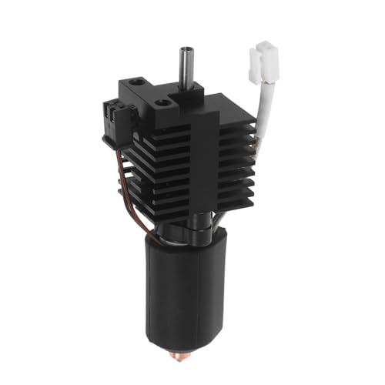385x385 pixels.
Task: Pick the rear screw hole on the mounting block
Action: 139,81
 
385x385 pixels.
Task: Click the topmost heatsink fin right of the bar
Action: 231,127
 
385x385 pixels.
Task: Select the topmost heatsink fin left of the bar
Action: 154,132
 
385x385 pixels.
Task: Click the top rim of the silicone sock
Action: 185,248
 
